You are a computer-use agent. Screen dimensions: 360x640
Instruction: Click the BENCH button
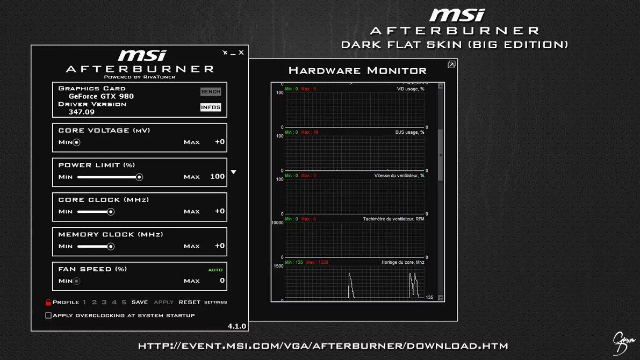coord(211,92)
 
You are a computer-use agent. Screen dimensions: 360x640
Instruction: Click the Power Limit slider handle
coord(139,177)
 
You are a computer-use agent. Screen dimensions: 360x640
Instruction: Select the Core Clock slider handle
coord(111,212)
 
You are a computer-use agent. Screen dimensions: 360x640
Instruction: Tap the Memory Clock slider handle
coord(111,246)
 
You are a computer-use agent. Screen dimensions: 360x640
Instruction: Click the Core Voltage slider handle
coord(77,142)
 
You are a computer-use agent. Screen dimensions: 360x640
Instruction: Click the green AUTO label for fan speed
coord(215,270)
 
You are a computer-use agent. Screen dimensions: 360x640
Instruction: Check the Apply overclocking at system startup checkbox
coord(48,315)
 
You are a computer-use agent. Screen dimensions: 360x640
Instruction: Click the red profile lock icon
coord(48,302)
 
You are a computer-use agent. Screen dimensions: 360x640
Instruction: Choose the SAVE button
coord(139,302)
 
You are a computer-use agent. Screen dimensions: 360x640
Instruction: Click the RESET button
coord(189,302)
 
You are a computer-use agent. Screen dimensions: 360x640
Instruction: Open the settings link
coord(215,302)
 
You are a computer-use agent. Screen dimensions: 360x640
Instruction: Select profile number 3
coord(104,302)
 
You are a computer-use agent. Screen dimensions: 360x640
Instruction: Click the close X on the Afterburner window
coord(241,52)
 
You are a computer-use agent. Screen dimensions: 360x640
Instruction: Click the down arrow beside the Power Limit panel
coord(233,172)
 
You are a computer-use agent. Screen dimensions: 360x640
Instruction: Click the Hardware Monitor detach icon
coord(451,64)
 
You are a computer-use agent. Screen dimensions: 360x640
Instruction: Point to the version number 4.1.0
coord(236,326)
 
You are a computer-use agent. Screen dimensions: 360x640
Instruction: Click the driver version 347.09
coord(82,112)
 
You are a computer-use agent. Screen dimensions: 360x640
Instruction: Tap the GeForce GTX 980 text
coord(101,96)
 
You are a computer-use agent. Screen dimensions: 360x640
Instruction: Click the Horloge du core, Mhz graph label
coord(402,262)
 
